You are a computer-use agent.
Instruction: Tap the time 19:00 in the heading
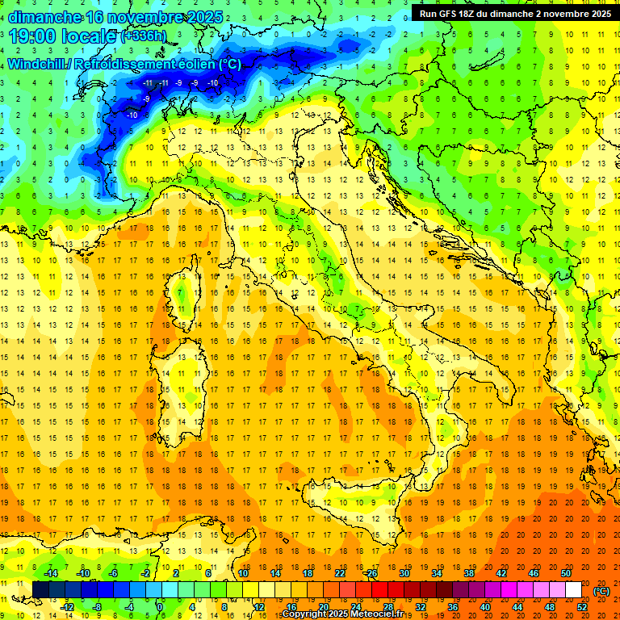[34, 36]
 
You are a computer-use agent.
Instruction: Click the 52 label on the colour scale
[582, 606]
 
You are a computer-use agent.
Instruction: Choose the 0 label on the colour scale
[160, 606]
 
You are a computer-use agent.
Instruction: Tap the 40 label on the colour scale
[485, 606]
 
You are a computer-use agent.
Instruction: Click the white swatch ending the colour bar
[573, 589]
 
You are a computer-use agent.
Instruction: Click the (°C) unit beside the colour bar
[601, 590]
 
